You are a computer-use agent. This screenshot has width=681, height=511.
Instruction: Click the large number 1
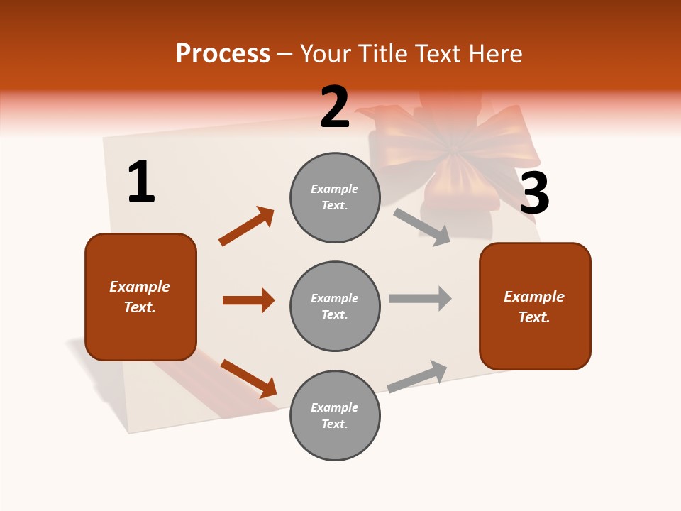point(141,182)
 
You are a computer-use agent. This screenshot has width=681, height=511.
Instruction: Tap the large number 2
point(335,107)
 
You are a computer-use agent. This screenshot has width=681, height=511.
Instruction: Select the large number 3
point(534,193)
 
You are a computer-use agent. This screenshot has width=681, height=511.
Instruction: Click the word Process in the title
point(223,53)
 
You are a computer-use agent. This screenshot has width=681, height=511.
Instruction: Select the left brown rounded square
point(140,297)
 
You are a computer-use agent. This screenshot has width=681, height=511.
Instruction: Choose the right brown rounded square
point(535,307)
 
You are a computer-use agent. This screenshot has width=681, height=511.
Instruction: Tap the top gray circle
point(335,197)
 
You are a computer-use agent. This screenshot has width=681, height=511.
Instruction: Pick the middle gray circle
point(335,306)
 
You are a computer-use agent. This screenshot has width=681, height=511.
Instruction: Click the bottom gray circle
point(335,415)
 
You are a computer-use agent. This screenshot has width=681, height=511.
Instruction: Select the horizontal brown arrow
point(248,300)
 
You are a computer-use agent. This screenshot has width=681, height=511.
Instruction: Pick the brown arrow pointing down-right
point(248,378)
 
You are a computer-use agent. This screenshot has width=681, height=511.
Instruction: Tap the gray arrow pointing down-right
point(422,226)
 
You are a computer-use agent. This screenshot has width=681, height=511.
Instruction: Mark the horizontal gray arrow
point(420,298)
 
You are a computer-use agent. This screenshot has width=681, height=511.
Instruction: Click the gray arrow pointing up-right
point(417,376)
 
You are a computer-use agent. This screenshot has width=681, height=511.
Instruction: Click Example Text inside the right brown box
point(534,307)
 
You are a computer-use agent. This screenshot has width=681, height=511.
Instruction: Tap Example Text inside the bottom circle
point(334,415)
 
